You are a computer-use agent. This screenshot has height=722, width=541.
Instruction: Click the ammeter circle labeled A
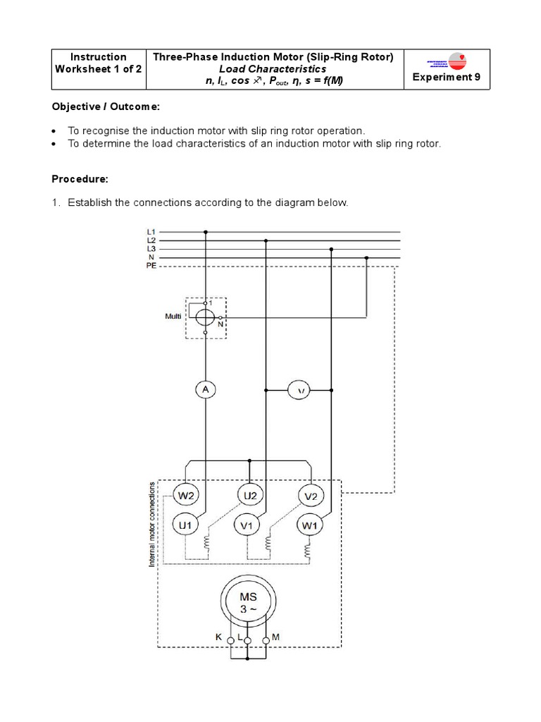click(205, 389)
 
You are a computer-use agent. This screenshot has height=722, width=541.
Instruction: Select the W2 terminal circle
click(185, 496)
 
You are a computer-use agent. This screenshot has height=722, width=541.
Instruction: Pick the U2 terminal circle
click(249, 496)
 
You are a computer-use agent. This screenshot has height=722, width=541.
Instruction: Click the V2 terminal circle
click(311, 496)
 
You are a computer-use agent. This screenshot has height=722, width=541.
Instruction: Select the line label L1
click(151, 231)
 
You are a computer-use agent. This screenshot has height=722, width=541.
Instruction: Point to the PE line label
click(151, 267)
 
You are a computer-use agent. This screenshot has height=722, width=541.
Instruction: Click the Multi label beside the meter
click(173, 317)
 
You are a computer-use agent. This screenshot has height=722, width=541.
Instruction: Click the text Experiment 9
click(446, 78)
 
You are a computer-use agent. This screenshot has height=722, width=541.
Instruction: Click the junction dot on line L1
click(205, 231)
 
